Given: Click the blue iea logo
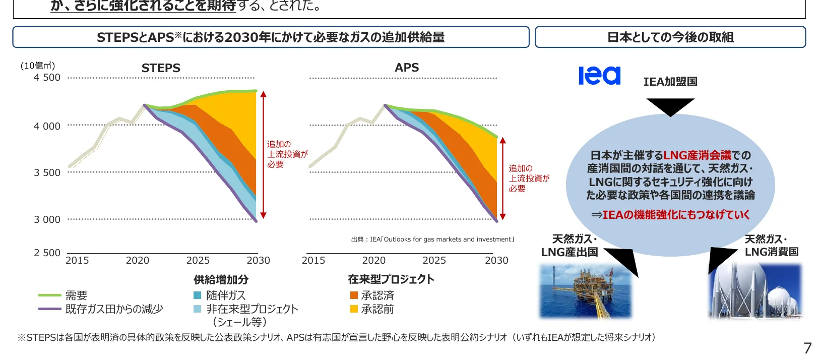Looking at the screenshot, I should coord(599,76).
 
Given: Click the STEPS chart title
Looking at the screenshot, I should coord(161,68).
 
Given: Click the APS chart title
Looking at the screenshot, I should coord(407,68).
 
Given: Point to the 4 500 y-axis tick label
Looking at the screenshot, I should coord(47,78).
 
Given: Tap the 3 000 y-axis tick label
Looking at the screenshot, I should coord(47,219).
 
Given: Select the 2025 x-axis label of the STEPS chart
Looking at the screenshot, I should coord(198,261).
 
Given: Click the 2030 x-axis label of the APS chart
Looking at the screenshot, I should coord(496,261).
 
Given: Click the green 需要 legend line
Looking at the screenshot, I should coord(49,295).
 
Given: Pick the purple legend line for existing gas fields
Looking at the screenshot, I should coord(49,309).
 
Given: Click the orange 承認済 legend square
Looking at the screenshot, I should coord(354,295).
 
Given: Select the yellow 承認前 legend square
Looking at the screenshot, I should coord(354,309).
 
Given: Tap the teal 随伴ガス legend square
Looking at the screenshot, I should coord(198,295).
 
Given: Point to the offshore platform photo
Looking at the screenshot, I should coord(585,291).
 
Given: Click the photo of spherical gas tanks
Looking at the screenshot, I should coord(755,291).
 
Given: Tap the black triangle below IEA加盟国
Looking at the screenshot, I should coord(670,106).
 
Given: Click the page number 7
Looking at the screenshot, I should coord(807,348).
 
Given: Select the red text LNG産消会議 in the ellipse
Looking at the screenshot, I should coord(697,155).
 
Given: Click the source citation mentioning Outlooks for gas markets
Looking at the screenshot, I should coord(432,239).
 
